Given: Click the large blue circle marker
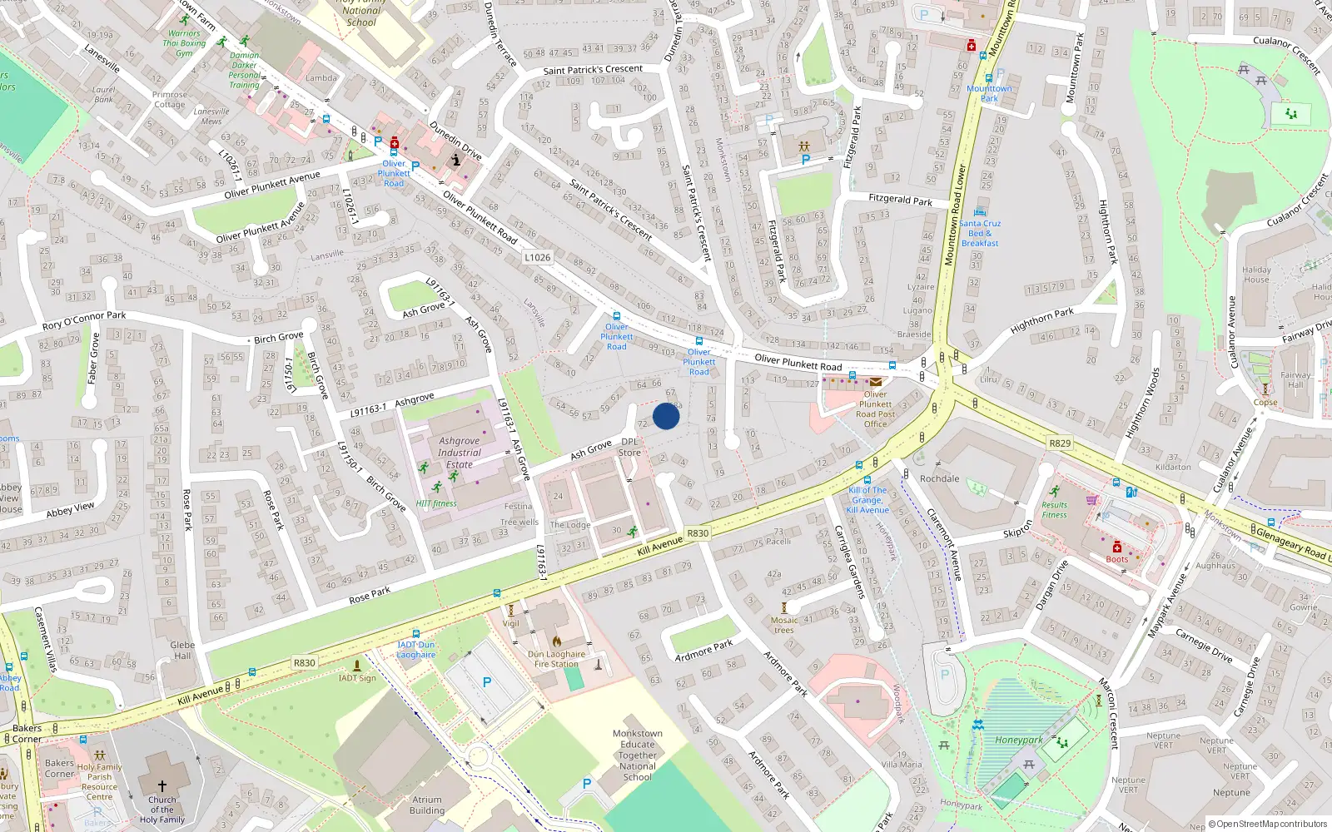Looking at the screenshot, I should point(666,415).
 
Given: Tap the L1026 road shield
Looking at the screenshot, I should point(537,257).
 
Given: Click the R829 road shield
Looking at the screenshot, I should point(1060,443).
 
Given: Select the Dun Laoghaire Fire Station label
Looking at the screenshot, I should point(556,659).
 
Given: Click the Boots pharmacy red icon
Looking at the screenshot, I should point(1117,547).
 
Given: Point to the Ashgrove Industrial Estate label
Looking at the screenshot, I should point(460,453).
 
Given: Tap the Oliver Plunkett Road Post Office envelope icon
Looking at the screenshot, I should point(876,382).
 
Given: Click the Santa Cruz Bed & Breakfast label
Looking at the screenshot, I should point(980,233).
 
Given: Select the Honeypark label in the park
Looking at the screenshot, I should point(1019,740).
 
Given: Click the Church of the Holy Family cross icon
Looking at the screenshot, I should point(162,785).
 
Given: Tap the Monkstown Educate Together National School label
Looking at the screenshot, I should point(638,755).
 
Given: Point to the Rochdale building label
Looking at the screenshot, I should point(939,478).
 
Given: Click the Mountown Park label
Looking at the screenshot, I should point(989,93).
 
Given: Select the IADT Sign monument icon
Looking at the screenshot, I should point(357,666).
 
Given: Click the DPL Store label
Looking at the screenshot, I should point(629,448).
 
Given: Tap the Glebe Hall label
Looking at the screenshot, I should point(182,650).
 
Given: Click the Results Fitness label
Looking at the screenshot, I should point(1054,509).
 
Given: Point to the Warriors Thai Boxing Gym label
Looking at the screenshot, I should point(184,43).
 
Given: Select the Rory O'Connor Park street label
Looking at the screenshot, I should point(84,320).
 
